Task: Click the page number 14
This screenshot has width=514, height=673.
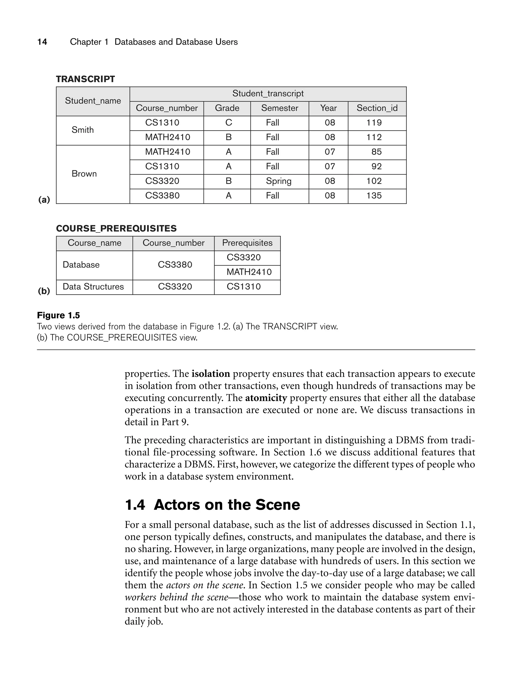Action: [x=42, y=42]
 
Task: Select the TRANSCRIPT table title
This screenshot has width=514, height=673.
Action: [x=85, y=79]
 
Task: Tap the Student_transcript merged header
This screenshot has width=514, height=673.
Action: [x=268, y=94]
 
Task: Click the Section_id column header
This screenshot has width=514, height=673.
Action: [x=377, y=108]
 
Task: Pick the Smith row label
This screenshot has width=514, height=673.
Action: [x=83, y=130]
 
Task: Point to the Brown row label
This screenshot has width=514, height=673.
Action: [x=84, y=174]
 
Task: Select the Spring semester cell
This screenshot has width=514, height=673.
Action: [x=278, y=181]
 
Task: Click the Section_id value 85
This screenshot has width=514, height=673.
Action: [x=376, y=152]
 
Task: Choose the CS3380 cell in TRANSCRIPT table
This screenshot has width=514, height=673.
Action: [x=162, y=196]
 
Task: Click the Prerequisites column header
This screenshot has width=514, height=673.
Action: [x=247, y=243]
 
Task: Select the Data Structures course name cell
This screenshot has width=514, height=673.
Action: [x=93, y=287]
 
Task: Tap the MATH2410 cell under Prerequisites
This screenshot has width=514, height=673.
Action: [x=249, y=272]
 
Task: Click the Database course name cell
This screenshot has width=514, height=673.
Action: [x=81, y=265]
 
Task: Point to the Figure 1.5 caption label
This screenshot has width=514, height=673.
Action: [x=58, y=315]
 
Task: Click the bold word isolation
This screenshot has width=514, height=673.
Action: [x=211, y=374]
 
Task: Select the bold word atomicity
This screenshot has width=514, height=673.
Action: [x=266, y=398]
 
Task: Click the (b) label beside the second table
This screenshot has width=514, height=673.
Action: [x=44, y=291]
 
